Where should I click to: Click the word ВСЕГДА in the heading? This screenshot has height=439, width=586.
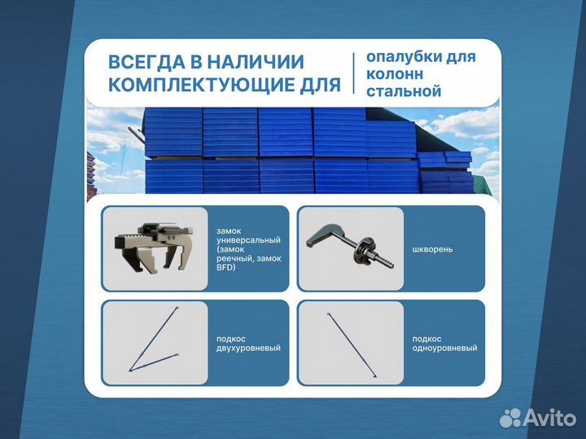click(x=145, y=63)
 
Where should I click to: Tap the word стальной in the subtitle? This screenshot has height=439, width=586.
click(x=404, y=91)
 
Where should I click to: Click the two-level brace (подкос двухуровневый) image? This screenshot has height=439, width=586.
click(x=155, y=343)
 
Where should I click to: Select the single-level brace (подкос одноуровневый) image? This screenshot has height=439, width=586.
click(x=351, y=343)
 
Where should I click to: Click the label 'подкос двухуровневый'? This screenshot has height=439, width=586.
click(x=248, y=343)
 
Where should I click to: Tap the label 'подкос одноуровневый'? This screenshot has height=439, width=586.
click(x=444, y=343)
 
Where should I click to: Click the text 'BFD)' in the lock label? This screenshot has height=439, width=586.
click(x=225, y=268)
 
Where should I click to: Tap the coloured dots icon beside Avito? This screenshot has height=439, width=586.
click(x=510, y=417)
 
